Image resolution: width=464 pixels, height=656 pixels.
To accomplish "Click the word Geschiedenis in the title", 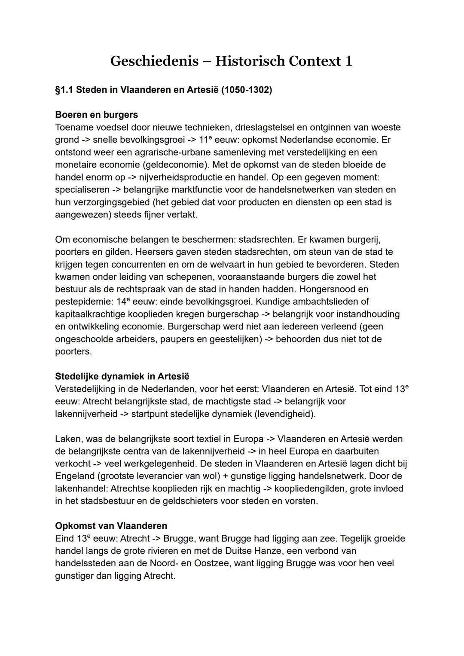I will coord(154,61).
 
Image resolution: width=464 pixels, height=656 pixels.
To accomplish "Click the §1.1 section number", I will coord(64,90).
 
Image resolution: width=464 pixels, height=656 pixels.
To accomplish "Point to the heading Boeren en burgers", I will coord(96,115).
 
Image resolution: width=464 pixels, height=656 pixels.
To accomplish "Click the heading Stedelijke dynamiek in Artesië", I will coord(122,376).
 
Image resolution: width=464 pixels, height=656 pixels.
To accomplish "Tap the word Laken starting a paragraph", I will coord(68,439).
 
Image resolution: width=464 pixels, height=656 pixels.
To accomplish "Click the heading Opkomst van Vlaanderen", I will coord(111,526).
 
